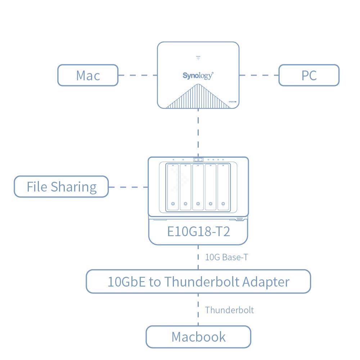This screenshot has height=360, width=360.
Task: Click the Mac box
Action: coord(88,75)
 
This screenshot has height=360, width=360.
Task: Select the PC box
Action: coord(309,75)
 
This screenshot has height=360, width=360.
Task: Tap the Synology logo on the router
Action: coord(198,76)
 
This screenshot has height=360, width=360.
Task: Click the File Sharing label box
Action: coord(61,187)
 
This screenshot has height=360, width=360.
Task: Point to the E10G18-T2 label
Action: coord(198,231)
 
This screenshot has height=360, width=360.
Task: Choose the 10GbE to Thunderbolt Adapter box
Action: coord(198,282)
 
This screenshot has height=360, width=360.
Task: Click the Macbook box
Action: coord(198,337)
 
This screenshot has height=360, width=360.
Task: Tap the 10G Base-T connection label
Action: coord(226,257)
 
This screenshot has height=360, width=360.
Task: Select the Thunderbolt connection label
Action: coord(229,310)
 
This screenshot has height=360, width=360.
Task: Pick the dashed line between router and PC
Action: coord(259,75)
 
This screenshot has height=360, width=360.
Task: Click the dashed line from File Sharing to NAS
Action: coord(128,187)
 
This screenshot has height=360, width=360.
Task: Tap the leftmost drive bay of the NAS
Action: coord(173,187)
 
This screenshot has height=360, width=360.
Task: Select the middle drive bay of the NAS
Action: coord(198,187)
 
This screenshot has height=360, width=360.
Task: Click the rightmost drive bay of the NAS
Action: coord(223,187)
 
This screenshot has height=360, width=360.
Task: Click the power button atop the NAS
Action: coord(198,159)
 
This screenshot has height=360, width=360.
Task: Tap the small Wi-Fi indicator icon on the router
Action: coord(198,58)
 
